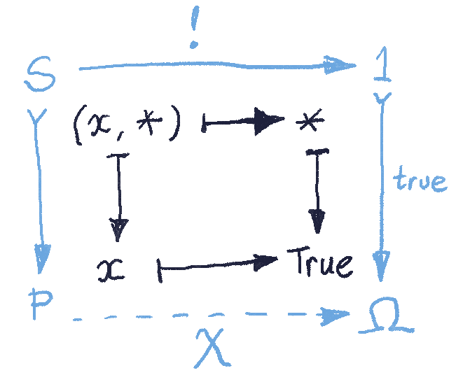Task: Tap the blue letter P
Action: [43, 304]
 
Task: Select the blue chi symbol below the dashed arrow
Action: [211, 348]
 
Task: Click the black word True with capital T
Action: [319, 264]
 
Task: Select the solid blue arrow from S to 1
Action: [217, 68]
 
